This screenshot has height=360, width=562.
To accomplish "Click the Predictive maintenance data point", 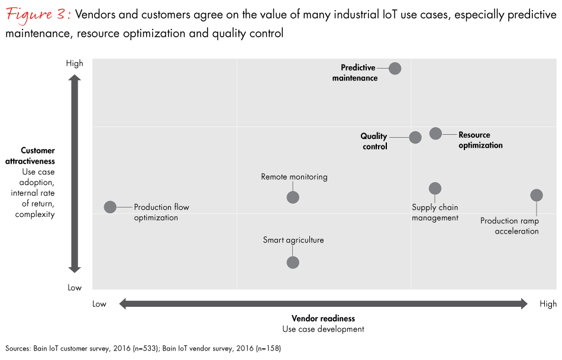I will point(395,69).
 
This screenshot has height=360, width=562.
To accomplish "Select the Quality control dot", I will point(415,137).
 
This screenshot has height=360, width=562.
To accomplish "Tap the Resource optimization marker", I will point(435,134).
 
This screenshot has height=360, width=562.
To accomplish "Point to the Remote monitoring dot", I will point(293,197).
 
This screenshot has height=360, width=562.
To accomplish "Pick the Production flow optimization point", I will point(110,207).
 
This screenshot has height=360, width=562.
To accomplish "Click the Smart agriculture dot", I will point(293,262).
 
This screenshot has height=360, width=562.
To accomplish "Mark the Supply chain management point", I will point(435,189).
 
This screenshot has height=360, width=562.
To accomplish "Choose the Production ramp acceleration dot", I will point(537,195).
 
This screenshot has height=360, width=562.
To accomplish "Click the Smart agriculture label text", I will point(293,240).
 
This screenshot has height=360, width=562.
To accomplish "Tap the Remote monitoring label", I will point(294,177).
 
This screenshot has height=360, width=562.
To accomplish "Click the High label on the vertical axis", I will point(75,63).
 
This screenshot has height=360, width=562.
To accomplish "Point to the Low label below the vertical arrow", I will point(75,287).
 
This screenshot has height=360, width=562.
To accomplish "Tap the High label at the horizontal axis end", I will point(548,304).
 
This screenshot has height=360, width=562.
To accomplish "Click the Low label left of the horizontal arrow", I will point(99,304).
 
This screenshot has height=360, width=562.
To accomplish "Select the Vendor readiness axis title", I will point(323,318).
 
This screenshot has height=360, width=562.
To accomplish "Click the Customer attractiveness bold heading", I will point(38,156).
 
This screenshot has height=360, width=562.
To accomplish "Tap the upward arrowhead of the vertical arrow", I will point(75,78).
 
